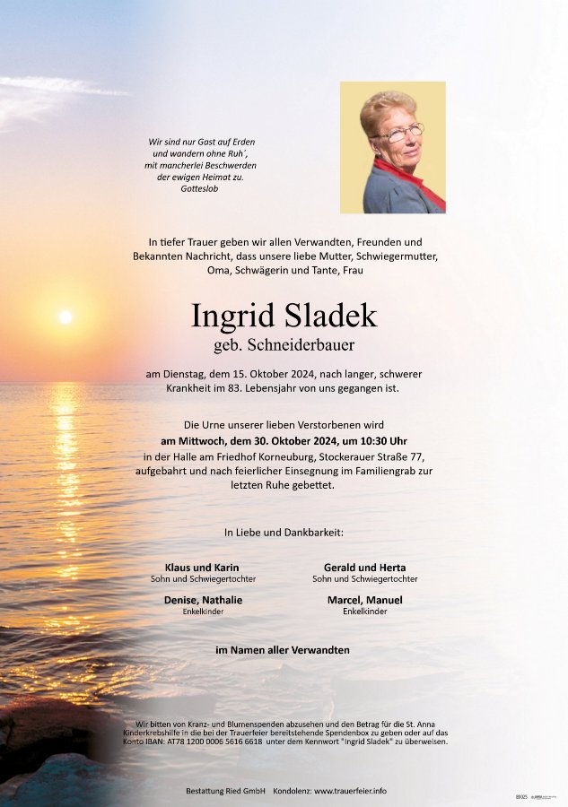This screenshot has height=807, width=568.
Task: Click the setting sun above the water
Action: pos(65,317)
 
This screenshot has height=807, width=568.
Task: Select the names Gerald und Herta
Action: pos(364,568)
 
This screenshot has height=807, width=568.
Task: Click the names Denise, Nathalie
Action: pos(203,600)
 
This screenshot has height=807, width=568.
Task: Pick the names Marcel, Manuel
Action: pos(364,600)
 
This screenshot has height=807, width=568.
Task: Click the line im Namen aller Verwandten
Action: pos(283,650)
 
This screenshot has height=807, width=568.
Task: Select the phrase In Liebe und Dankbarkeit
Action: pos(284,533)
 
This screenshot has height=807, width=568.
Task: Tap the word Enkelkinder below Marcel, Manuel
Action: pos(364,612)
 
